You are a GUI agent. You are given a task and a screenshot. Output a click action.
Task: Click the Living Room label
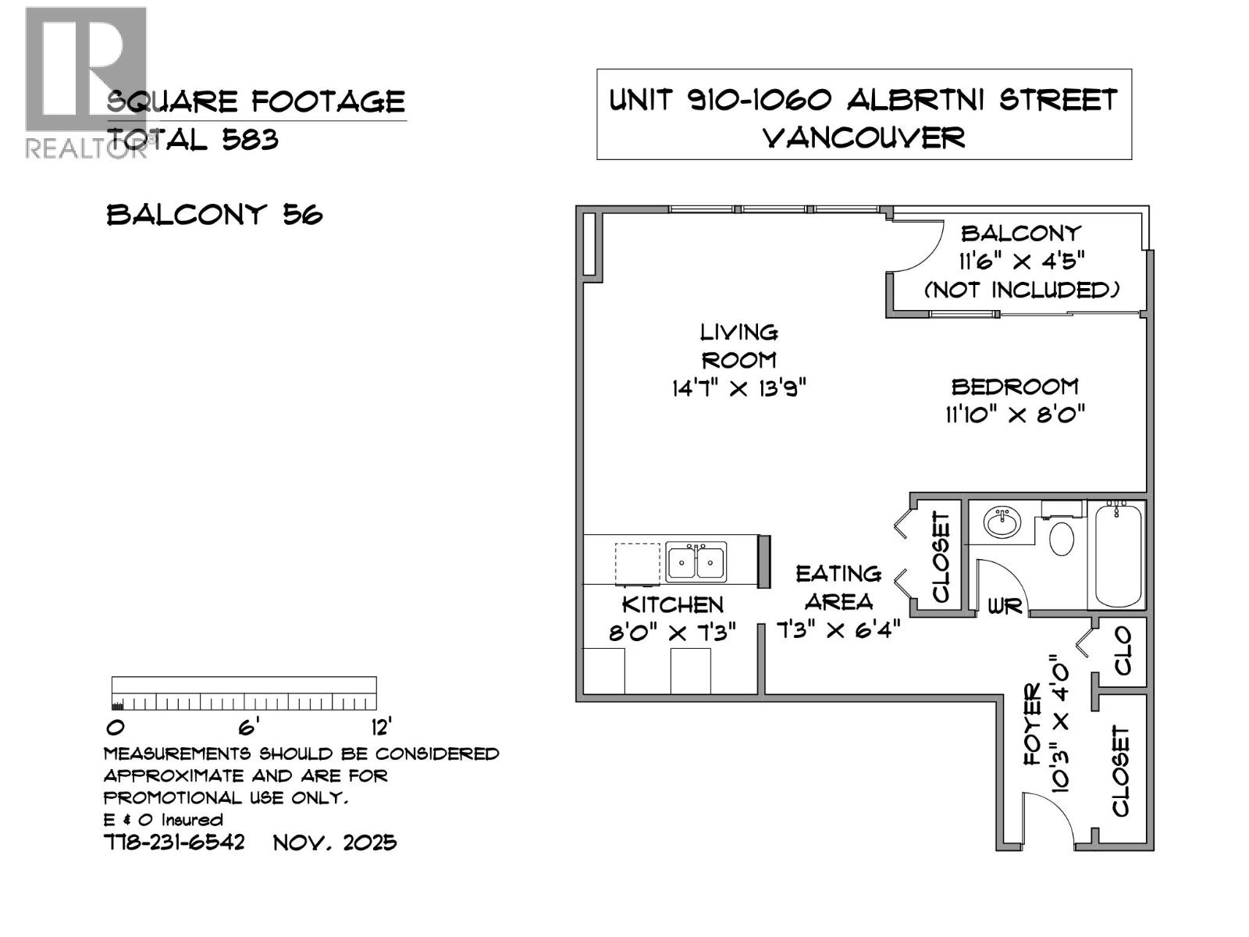(x=738, y=346)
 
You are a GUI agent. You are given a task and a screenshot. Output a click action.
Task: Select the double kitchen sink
(x=696, y=561)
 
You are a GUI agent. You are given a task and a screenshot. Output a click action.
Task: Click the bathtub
(x=1118, y=555)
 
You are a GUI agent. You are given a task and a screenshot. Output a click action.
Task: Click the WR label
(x=1005, y=606)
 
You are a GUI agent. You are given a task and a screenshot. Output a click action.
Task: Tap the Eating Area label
(x=838, y=587)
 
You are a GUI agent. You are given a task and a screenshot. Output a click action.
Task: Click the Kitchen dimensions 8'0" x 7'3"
(x=672, y=632)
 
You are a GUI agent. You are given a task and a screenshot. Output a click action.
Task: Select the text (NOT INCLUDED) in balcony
(x=1022, y=290)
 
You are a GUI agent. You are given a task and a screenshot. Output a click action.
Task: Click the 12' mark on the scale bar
(x=381, y=728)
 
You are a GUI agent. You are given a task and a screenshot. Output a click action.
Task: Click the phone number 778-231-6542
(x=174, y=843)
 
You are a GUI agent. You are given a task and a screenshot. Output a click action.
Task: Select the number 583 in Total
(x=250, y=140)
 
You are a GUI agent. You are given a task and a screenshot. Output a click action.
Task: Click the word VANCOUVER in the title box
(x=863, y=138)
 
